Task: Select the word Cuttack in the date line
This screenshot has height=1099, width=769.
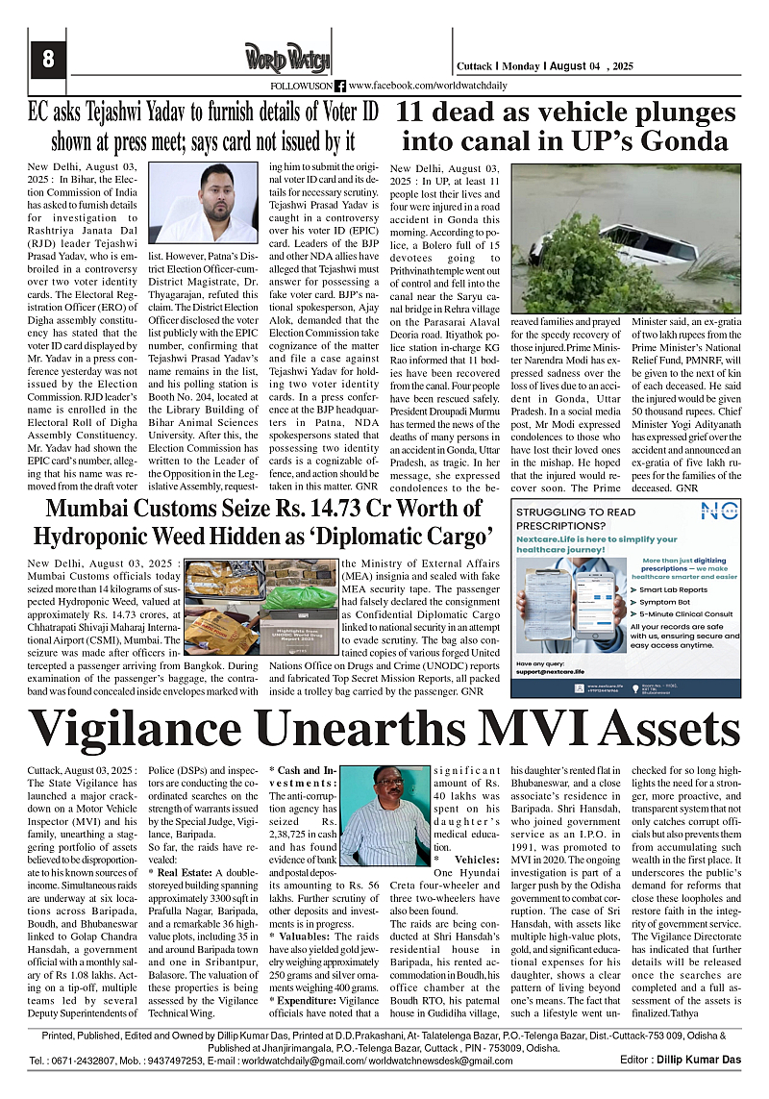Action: [x=475, y=66]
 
